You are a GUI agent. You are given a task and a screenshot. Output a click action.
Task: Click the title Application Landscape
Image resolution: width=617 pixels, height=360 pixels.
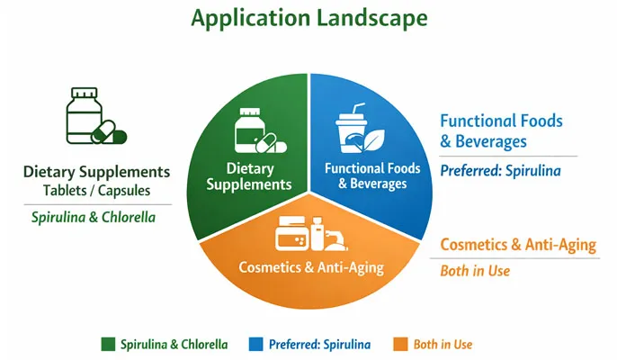tap(308, 18)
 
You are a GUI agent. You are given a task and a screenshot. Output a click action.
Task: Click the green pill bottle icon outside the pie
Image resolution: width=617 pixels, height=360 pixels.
tap(93, 116)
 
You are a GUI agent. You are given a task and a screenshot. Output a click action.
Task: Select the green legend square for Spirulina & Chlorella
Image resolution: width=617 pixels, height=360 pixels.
tap(109, 344)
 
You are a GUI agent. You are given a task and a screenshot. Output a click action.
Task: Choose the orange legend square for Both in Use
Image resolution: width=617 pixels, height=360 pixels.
tap(401, 344)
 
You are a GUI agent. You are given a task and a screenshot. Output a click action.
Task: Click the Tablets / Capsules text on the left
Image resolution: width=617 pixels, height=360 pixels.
tap(95, 191)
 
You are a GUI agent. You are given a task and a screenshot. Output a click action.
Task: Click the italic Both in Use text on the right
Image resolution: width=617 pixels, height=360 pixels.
tap(473, 271)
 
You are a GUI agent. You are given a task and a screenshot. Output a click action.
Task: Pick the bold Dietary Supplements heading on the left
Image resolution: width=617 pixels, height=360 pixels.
tap(96, 172)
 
